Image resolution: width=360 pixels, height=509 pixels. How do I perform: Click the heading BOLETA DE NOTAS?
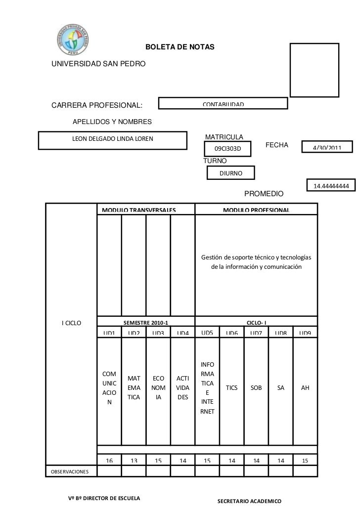(x=180, y=47)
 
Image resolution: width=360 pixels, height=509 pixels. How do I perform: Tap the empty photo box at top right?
(x=314, y=69)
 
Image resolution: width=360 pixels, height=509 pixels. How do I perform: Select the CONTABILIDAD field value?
(x=223, y=104)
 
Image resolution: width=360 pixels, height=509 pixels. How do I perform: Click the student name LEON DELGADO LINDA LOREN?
(x=113, y=138)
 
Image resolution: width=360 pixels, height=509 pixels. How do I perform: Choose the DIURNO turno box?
(x=231, y=173)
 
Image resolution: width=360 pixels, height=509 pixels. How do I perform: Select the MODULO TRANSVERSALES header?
(x=139, y=211)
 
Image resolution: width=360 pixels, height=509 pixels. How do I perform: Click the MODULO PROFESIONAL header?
(x=256, y=211)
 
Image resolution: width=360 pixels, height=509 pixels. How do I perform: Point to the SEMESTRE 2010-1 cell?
(x=146, y=323)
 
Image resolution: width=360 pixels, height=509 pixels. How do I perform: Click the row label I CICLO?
(x=71, y=323)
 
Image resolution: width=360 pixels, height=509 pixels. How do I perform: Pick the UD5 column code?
(x=207, y=333)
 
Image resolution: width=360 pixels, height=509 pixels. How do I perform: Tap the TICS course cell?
(x=231, y=388)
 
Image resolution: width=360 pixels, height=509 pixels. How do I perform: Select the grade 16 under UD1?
(x=109, y=461)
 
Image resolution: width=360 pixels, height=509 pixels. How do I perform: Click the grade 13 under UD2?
(x=134, y=461)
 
